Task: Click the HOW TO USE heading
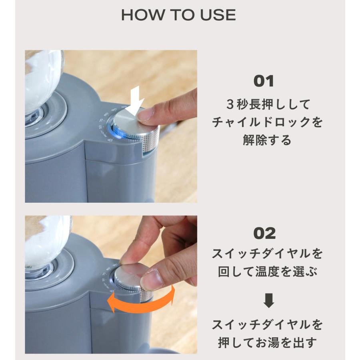click(178, 15)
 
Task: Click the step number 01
click(264, 81)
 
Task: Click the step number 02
click(264, 233)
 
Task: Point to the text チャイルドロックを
click(267, 122)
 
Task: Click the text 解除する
click(267, 140)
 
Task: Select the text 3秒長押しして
click(267, 105)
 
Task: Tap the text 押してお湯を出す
click(267, 342)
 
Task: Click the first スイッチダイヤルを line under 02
click(267, 254)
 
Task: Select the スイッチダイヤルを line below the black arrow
click(267, 324)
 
